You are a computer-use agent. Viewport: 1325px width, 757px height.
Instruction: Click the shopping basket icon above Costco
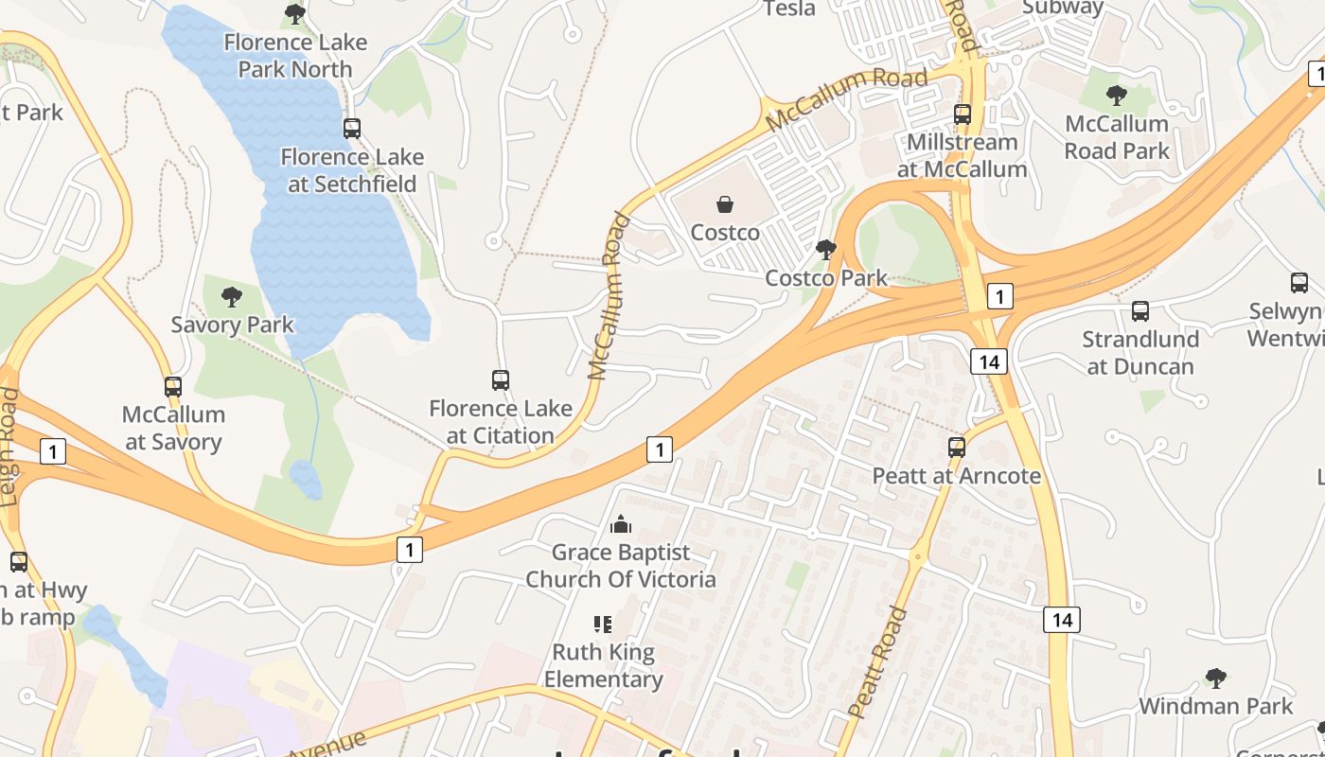(x=725, y=204)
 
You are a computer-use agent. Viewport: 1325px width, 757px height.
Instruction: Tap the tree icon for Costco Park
(x=825, y=250)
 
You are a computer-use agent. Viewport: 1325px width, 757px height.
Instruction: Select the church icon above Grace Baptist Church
(x=621, y=524)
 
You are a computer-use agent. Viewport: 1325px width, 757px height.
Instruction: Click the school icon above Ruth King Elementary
(x=603, y=625)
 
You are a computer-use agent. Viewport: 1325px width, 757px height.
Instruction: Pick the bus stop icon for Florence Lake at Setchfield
(x=352, y=129)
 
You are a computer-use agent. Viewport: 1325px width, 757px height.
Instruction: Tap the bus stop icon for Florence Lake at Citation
(x=501, y=380)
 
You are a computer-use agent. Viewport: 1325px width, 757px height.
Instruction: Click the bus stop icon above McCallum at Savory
(x=173, y=386)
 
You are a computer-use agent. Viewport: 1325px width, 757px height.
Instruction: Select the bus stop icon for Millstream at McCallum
(x=963, y=114)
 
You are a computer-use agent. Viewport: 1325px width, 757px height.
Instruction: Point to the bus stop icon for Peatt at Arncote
(x=957, y=448)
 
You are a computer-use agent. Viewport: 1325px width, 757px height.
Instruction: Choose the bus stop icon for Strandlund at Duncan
(x=1140, y=311)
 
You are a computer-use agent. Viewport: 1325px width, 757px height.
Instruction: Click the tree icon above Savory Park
(x=232, y=297)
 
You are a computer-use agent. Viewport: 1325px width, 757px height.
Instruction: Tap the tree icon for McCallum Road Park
(x=1117, y=96)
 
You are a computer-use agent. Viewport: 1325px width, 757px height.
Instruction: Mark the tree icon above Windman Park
(x=1216, y=678)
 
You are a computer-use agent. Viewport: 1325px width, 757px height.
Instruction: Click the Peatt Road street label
(x=877, y=662)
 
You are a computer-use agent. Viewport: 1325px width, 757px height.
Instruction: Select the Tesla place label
(x=788, y=9)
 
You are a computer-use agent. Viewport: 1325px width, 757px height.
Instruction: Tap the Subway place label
(x=1063, y=8)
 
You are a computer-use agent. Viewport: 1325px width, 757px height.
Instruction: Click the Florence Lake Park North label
(x=295, y=56)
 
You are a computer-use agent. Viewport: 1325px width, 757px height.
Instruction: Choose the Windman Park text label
(x=1216, y=706)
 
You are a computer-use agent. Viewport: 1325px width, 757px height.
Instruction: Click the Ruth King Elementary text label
(x=603, y=665)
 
